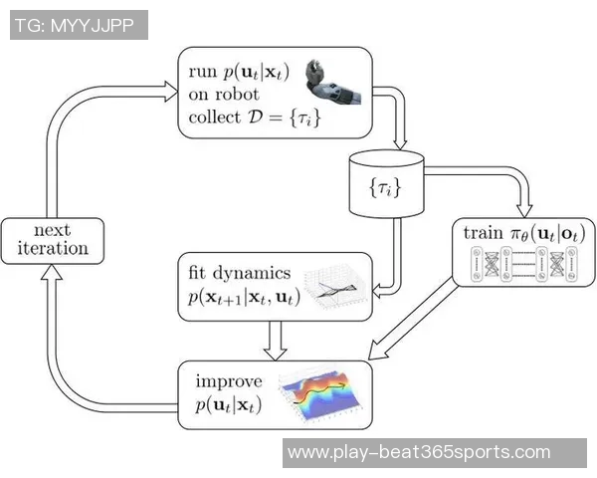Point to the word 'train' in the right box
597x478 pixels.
pyautogui.click(x=483, y=233)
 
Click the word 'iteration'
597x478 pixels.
pyautogui.click(x=45, y=249)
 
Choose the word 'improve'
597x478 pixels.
pyautogui.click(x=228, y=381)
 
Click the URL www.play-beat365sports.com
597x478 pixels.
pyautogui.click(x=419, y=453)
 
